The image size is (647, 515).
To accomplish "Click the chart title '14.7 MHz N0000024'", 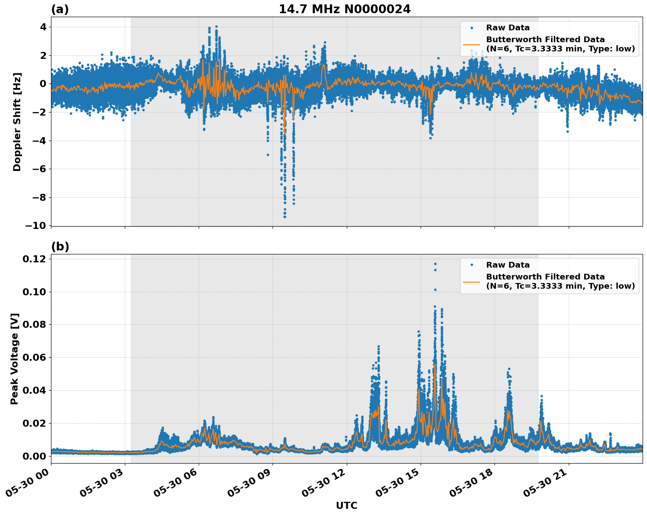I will [x=345, y=9].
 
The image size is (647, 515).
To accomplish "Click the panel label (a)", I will [x=60, y=9].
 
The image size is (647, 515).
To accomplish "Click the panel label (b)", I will [x=60, y=247].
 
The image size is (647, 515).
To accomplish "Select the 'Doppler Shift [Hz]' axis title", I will [x=17, y=122].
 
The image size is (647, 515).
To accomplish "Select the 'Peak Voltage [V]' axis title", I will [x=15, y=359].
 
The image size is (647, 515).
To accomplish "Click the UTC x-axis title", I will [x=346, y=505].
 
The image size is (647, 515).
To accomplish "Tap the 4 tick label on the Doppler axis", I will [x=43, y=27].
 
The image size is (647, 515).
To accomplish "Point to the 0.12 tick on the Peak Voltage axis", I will [x=34, y=259].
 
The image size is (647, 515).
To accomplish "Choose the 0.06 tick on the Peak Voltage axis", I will [x=34, y=357].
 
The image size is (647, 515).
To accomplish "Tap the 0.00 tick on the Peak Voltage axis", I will [x=34, y=456].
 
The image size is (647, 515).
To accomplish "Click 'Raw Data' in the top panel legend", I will [x=508, y=28].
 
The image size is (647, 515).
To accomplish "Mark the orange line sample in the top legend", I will [x=471, y=44].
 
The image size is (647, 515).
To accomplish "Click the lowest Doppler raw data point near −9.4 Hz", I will [x=285, y=217].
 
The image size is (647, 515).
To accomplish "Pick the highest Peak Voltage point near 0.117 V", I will [x=435, y=264].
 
